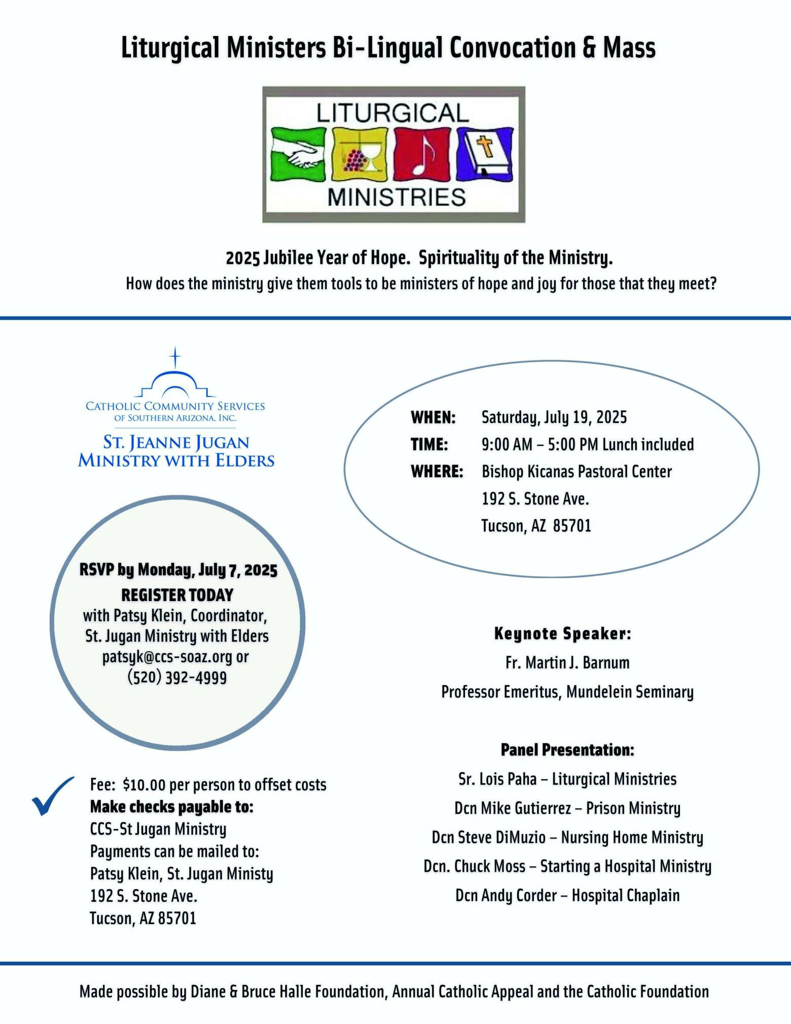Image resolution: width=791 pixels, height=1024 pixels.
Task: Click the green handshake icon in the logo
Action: pos(298,155)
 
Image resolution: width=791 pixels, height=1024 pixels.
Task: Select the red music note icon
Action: pos(422,155)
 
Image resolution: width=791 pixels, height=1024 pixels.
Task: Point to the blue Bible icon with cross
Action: pos(485,155)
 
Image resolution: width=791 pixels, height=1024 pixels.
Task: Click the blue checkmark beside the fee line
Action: pos(52,796)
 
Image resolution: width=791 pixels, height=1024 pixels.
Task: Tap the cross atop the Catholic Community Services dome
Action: pos(175,358)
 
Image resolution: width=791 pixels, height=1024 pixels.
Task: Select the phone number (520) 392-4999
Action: pos(177,678)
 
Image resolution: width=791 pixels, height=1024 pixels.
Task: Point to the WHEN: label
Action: pos(433,417)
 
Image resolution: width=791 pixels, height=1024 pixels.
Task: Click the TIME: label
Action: pos(429,445)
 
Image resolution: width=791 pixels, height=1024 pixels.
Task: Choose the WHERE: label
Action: pos(437,472)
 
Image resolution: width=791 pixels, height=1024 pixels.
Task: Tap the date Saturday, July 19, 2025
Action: pos(554,417)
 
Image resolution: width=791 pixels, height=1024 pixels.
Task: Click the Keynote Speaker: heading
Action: pos(563,633)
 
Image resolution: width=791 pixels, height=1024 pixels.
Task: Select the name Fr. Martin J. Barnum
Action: pos(567,662)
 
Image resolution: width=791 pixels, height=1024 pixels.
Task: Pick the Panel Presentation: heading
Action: pos(567,750)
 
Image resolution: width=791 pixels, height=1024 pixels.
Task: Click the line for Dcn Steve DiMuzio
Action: pos(567,837)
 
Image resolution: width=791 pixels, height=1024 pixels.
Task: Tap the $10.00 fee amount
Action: pos(144,785)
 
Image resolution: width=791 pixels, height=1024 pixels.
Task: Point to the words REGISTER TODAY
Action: pos(177,595)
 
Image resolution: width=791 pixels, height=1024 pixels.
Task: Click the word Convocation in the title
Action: pos(512,48)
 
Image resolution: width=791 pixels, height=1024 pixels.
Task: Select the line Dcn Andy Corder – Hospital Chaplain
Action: pos(567,895)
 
